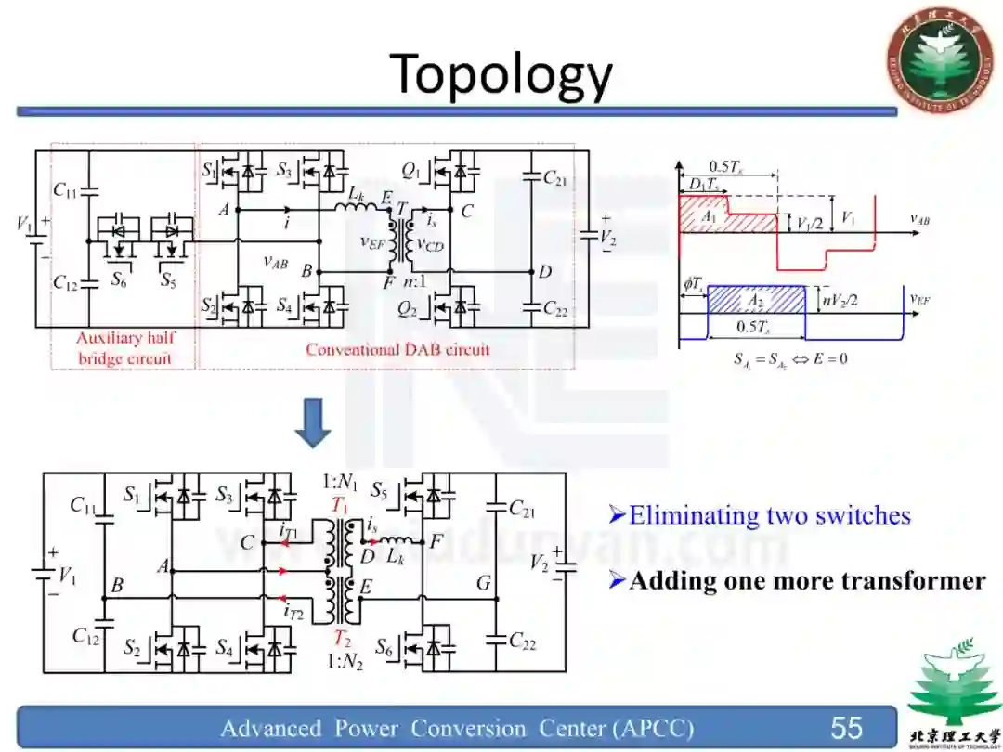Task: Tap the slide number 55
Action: [846, 727]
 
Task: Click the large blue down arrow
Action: [314, 424]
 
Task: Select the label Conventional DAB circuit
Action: [397, 350]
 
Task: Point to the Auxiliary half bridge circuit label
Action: [124, 348]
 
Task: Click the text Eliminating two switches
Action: [769, 515]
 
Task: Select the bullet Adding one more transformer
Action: [806, 581]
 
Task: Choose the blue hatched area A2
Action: [754, 299]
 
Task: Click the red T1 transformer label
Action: [340, 505]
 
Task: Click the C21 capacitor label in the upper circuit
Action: [554, 178]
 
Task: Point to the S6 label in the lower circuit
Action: [385, 646]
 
